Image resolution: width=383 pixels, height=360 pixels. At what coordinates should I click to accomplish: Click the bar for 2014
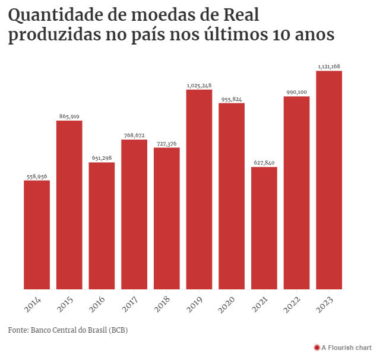(x=37, y=235)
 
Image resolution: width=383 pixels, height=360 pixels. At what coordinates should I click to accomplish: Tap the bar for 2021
(x=264, y=228)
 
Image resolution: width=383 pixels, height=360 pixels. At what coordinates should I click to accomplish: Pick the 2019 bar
(x=199, y=190)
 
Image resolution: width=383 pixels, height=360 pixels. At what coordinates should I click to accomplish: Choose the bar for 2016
(x=102, y=226)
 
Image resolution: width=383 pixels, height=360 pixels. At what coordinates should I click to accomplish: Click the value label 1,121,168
(x=329, y=67)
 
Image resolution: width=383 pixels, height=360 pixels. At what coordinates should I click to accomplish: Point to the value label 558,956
(x=37, y=176)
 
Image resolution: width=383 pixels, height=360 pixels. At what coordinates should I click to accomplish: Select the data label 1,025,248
(x=199, y=86)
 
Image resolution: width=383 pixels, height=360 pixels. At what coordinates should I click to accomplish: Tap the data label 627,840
(x=264, y=163)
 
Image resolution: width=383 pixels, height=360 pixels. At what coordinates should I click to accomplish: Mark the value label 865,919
(x=69, y=116)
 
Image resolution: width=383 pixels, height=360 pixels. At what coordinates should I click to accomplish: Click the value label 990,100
(x=296, y=92)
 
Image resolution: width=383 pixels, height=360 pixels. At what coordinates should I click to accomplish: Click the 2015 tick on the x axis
(x=67, y=305)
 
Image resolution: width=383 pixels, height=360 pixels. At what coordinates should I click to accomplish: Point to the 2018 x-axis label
(x=164, y=305)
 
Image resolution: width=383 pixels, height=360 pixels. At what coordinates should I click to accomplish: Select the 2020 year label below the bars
(x=229, y=305)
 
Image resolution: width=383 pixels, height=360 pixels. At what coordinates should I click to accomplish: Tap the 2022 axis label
(x=293, y=305)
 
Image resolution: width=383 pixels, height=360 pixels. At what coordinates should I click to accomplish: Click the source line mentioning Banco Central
(x=68, y=330)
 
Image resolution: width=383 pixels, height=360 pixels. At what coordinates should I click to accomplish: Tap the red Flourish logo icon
(x=316, y=347)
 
